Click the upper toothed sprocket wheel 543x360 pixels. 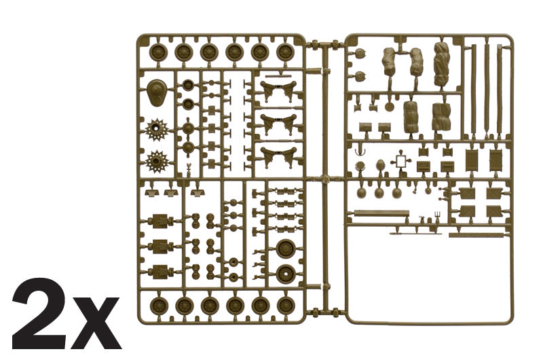157,130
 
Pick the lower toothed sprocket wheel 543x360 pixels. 157,162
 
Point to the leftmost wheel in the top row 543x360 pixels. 159,53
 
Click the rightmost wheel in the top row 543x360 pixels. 285,52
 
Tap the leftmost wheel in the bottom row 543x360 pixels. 159,306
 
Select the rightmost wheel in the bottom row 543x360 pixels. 286,305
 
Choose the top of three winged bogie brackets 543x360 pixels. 279,92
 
